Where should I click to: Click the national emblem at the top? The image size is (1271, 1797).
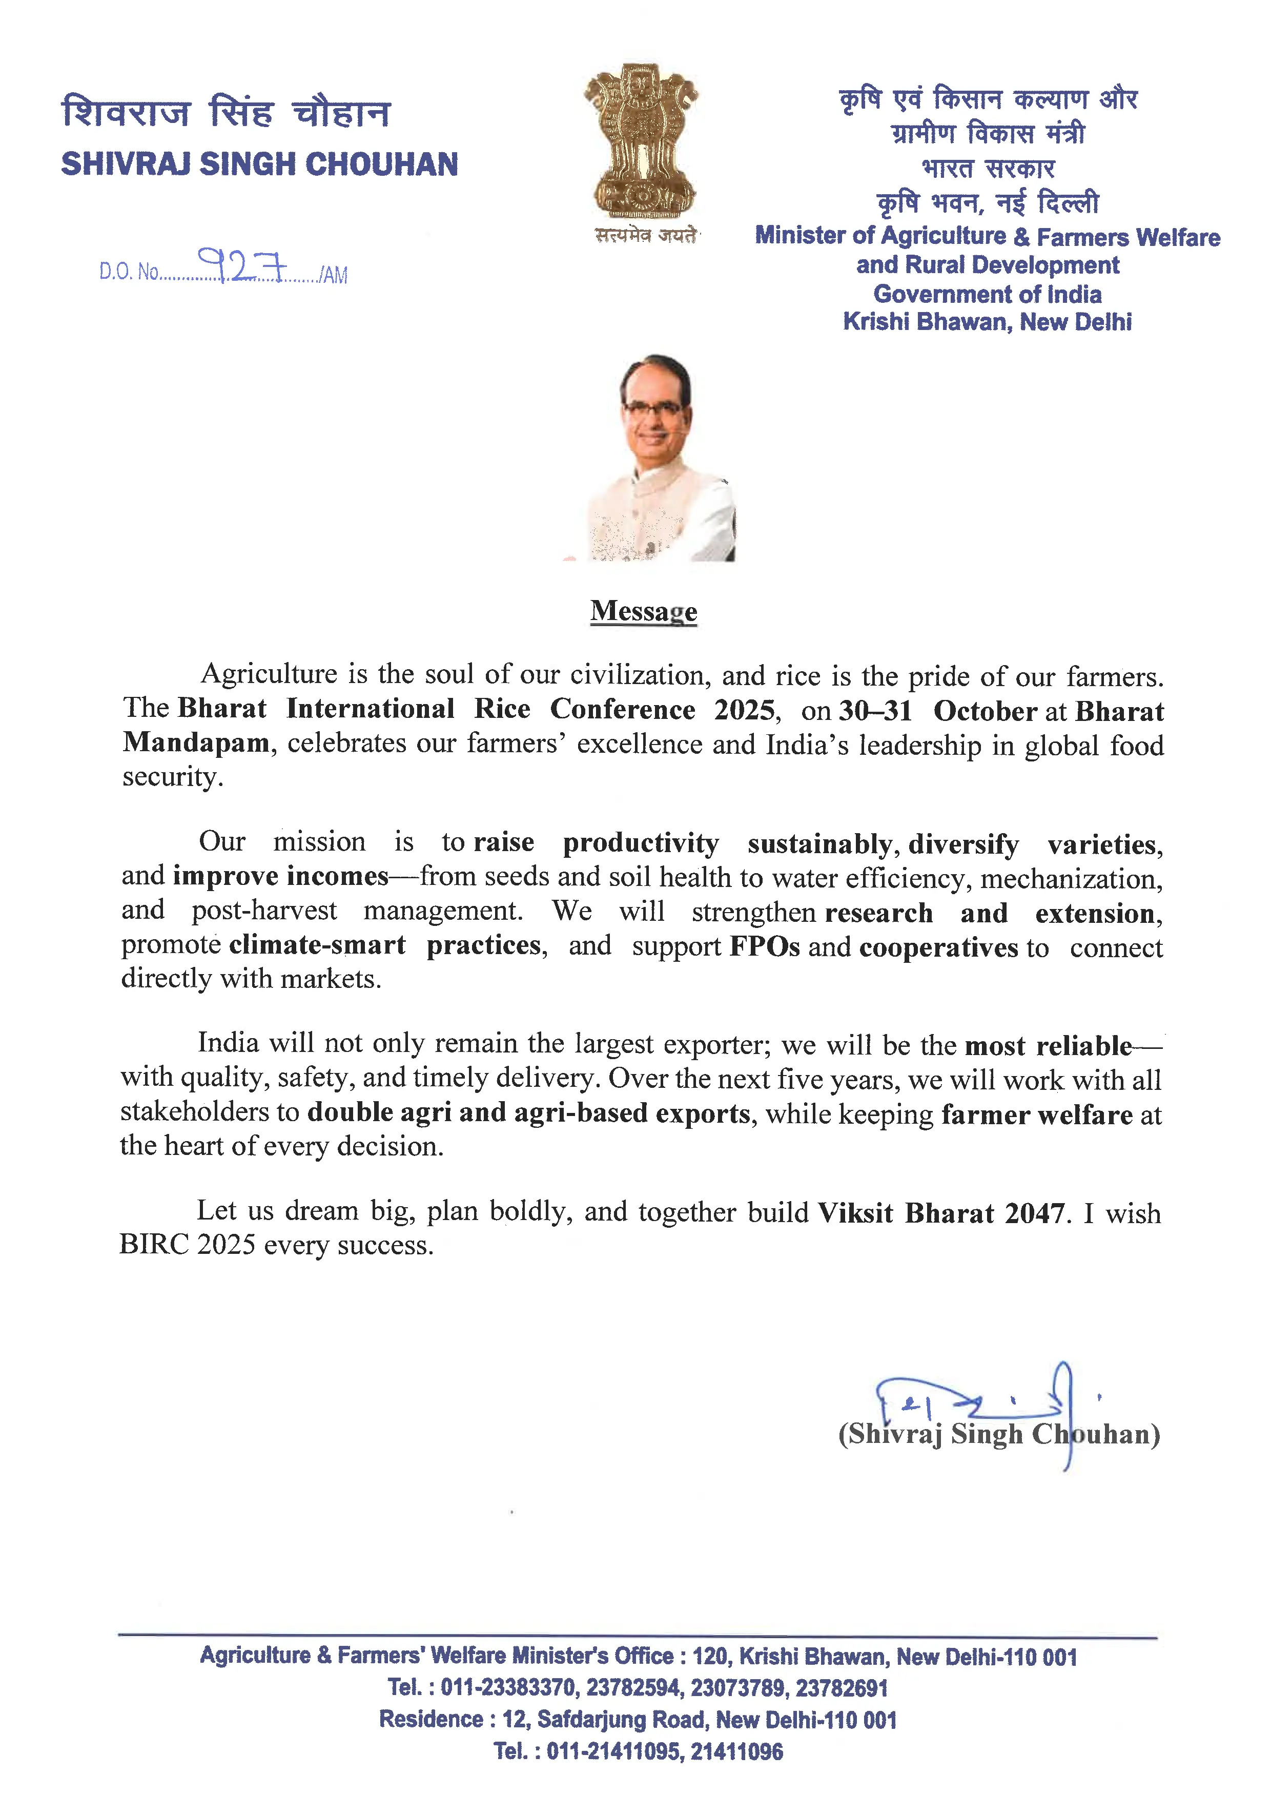[x=641, y=141]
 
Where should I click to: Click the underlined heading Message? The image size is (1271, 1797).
[x=643, y=610]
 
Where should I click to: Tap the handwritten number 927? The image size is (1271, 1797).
[x=243, y=265]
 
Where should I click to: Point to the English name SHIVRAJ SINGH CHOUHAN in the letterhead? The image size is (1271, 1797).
[x=259, y=164]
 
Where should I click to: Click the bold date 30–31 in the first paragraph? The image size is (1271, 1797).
[x=875, y=711]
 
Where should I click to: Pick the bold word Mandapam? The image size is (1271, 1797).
[x=196, y=742]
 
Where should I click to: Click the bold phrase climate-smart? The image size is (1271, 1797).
[x=317, y=945]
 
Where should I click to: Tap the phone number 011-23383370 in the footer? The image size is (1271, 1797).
[x=509, y=1687]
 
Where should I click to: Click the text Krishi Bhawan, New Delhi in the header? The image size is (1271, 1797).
[x=987, y=322]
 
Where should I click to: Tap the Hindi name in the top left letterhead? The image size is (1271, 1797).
[x=225, y=112]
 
